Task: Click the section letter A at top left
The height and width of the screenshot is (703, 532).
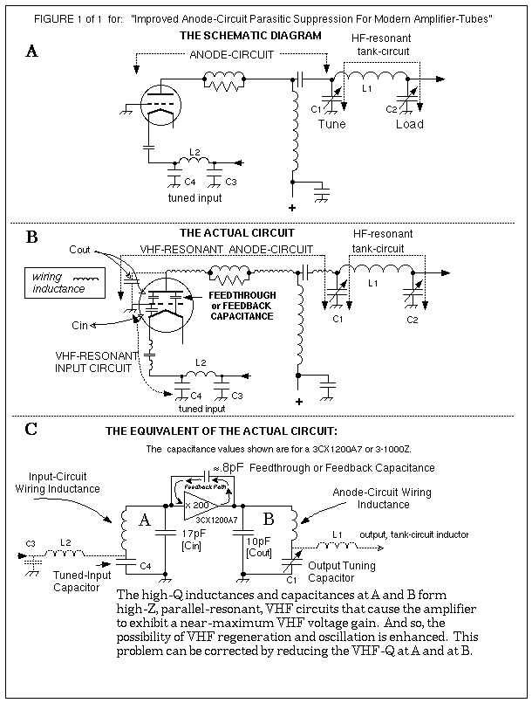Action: point(32,51)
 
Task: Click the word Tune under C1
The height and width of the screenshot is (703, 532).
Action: point(331,124)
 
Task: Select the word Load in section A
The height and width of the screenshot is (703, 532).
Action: point(410,124)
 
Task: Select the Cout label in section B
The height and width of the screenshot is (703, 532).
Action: point(79,249)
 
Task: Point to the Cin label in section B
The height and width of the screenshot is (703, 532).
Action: point(80,324)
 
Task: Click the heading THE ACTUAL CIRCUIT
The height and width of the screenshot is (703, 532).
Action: point(236,233)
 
